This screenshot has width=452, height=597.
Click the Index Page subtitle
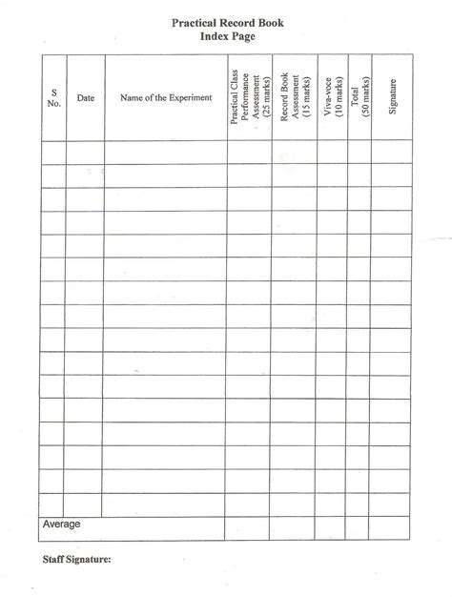point(226,35)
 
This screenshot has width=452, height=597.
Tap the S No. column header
point(53,97)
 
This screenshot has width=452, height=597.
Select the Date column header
point(85,97)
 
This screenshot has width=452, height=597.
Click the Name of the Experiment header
point(166,97)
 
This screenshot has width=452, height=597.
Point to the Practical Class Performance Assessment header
point(250,97)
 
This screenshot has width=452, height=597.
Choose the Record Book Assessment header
point(294,97)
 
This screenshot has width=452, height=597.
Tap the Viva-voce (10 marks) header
point(332,97)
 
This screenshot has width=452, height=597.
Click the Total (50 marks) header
point(360,97)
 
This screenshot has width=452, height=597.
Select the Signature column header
point(392,97)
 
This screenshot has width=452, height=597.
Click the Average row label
point(62,525)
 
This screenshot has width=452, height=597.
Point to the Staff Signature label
point(77,560)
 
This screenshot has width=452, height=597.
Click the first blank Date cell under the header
point(85,153)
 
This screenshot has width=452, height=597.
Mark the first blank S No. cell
point(53,153)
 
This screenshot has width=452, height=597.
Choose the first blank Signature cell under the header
point(392,153)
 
